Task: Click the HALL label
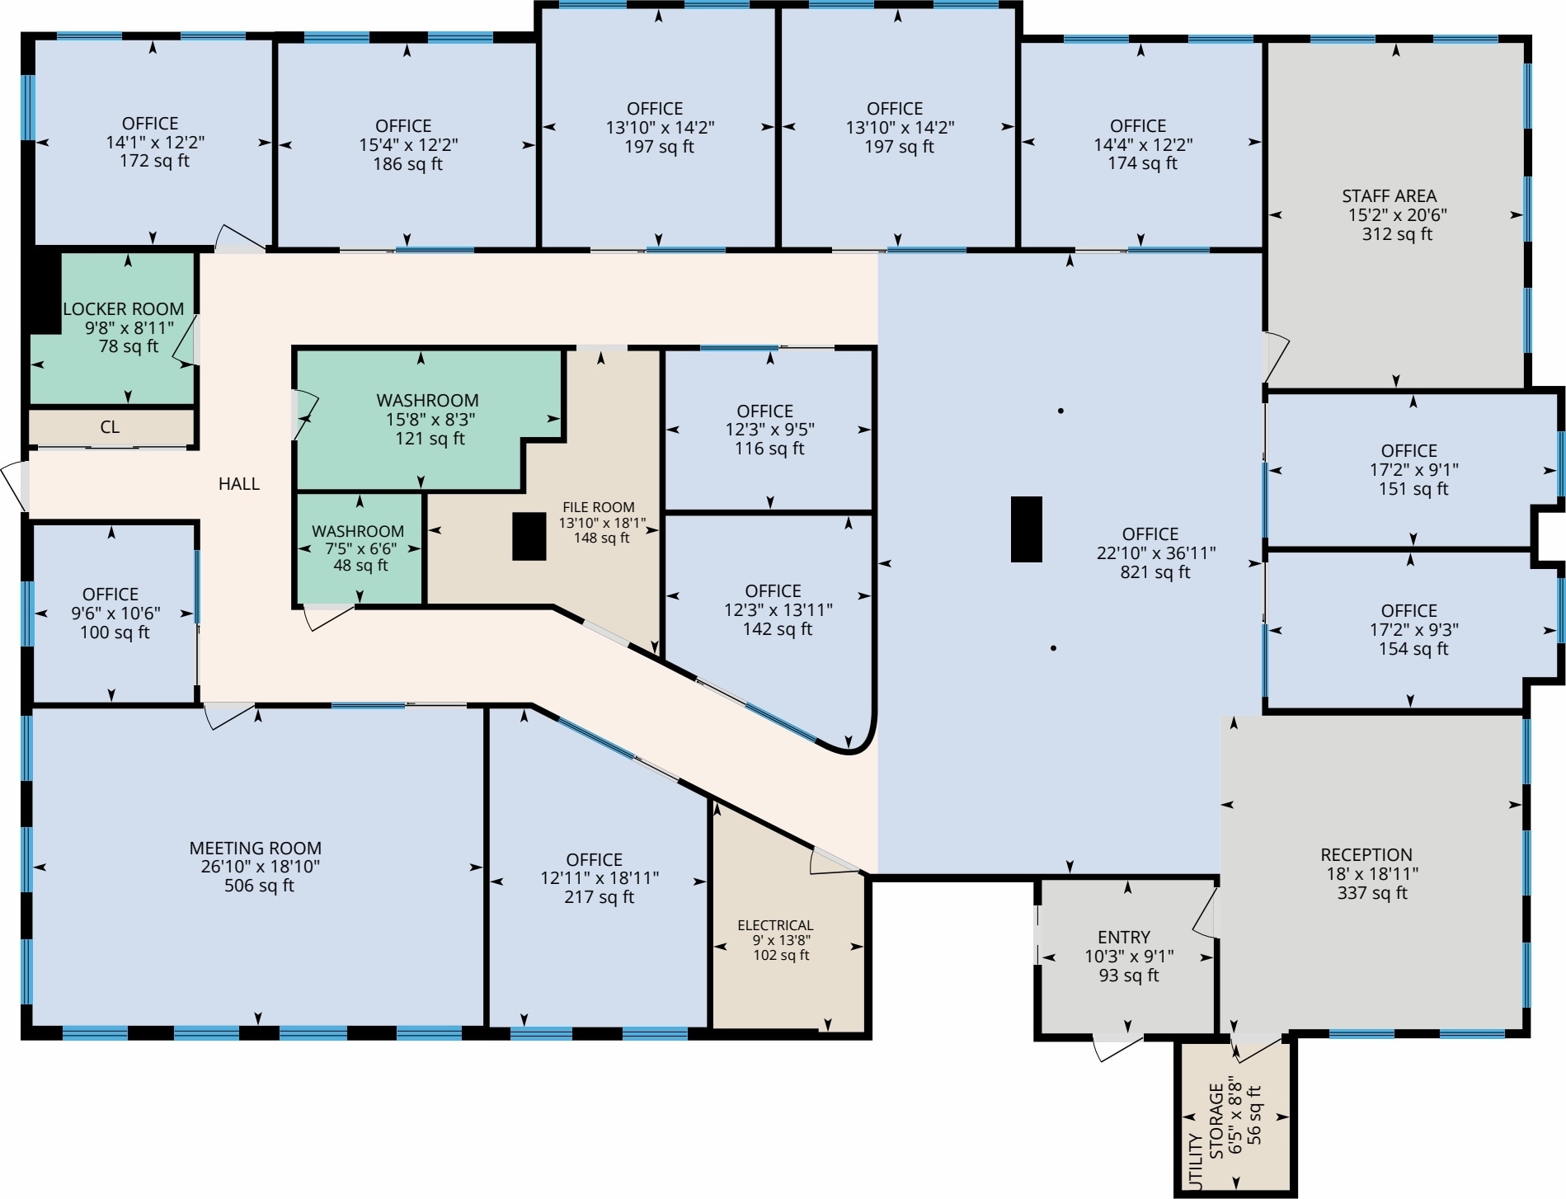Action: (239, 484)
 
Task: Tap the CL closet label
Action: (110, 427)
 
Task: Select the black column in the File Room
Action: (529, 536)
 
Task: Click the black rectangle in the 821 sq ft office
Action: (1026, 529)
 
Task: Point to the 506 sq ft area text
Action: (259, 886)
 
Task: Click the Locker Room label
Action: (124, 309)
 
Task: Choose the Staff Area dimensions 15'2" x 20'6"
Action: (1397, 215)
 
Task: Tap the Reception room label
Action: (1366, 855)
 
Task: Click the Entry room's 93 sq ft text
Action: (1128, 976)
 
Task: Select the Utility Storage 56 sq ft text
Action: (1254, 1115)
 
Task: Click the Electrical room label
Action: (775, 925)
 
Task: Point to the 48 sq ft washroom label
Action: (360, 566)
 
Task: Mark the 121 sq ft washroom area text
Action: (430, 439)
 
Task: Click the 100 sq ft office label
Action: (115, 632)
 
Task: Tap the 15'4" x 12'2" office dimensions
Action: (408, 145)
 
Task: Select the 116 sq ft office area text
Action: (769, 449)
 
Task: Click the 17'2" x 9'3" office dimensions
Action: (1413, 630)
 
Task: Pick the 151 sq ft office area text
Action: (1413, 489)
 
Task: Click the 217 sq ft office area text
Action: (599, 897)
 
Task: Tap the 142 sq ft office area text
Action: (777, 629)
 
